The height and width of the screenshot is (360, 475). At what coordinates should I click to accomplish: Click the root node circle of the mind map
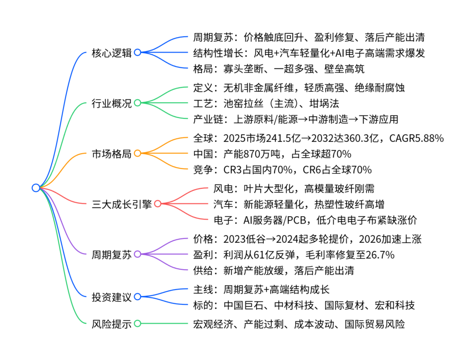(x=36, y=187)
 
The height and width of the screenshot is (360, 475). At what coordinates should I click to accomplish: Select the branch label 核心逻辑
(x=112, y=52)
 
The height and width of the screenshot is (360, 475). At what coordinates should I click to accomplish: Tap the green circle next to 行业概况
(x=137, y=103)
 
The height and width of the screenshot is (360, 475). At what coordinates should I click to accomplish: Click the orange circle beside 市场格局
(x=137, y=153)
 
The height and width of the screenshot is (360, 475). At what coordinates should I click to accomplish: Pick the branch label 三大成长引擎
(x=122, y=204)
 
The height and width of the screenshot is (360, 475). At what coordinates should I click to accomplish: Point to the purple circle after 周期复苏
(x=137, y=254)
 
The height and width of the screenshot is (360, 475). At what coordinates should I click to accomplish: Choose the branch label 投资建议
(x=112, y=296)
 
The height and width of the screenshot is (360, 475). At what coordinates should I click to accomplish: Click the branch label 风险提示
(x=112, y=324)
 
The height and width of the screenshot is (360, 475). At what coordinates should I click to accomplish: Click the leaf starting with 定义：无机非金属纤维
(x=299, y=88)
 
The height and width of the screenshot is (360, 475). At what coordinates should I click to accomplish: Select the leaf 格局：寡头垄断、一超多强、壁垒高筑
(x=278, y=69)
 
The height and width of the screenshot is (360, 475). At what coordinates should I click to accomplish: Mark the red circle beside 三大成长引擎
(x=158, y=204)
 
